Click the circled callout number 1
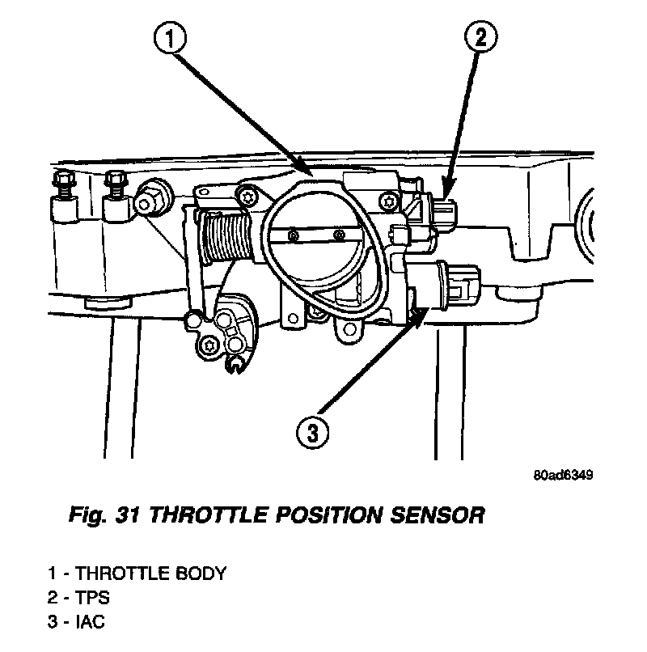(x=171, y=38)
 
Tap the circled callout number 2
(x=480, y=37)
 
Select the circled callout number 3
(x=313, y=433)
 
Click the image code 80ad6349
(x=563, y=475)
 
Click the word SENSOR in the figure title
(x=438, y=514)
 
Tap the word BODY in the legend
(x=201, y=574)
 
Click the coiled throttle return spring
(x=226, y=235)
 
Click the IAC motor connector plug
(x=462, y=286)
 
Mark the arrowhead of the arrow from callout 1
(x=305, y=168)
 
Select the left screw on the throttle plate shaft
(x=294, y=235)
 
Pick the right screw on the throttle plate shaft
(x=340, y=235)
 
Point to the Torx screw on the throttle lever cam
(x=209, y=345)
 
